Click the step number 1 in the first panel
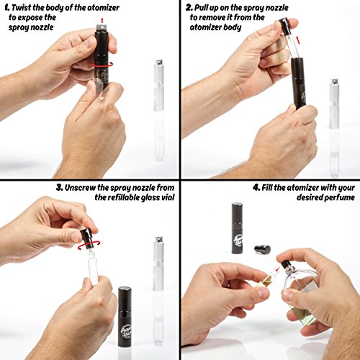click(x=7, y=8)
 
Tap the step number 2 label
click(x=189, y=8)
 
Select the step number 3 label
click(x=60, y=188)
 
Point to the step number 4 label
click(x=256, y=188)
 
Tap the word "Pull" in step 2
click(x=201, y=8)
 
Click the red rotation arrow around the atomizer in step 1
click(x=102, y=64)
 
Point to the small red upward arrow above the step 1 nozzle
click(x=102, y=21)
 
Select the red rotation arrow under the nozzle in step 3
click(x=89, y=246)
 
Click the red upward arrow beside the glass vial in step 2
click(x=297, y=40)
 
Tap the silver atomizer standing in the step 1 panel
click(x=158, y=85)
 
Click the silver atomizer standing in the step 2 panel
click(x=334, y=103)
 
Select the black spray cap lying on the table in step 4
click(x=263, y=250)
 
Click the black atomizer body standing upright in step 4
click(x=237, y=228)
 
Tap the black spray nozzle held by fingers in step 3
click(x=86, y=238)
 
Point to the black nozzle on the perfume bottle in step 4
click(x=286, y=265)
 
